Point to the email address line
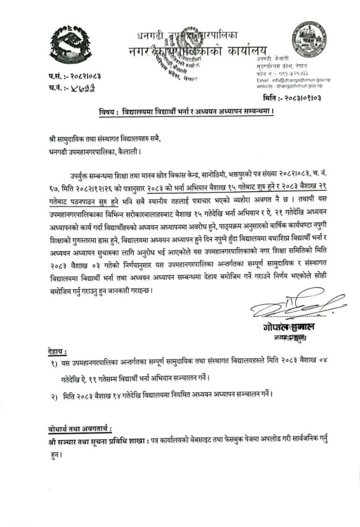pyautogui.click(x=296, y=81)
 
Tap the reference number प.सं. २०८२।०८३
pyautogui.click(x=75, y=76)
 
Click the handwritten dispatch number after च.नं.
pyautogui.click(x=84, y=87)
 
